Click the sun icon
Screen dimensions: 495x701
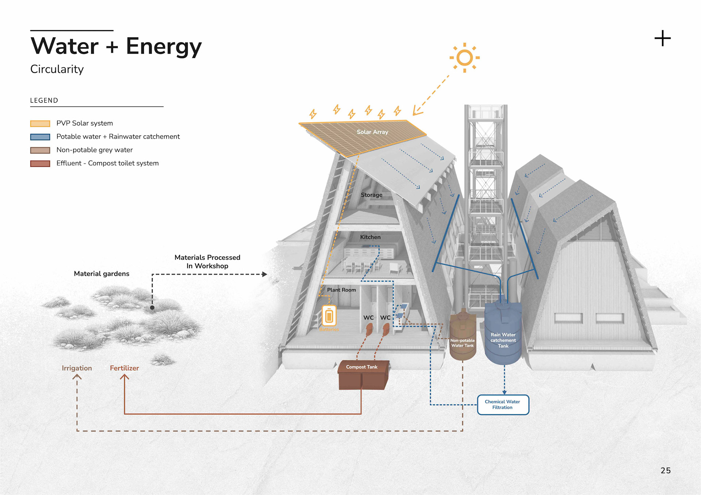click(x=464, y=58)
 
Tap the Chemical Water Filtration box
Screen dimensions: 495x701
click(x=503, y=405)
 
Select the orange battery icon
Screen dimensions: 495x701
click(x=329, y=316)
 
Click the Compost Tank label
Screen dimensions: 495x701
click(x=361, y=367)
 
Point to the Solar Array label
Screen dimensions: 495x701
click(x=372, y=132)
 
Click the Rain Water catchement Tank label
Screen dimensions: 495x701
click(x=503, y=340)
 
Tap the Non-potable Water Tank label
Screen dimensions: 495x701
click(x=462, y=343)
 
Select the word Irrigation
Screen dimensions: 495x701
click(x=77, y=368)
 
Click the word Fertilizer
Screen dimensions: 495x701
click(x=124, y=368)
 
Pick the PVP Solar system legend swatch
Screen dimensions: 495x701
click(x=40, y=124)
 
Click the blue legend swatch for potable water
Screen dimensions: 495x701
click(x=40, y=137)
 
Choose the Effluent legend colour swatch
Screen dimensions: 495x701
click(x=40, y=163)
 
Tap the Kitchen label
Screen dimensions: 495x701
click(x=370, y=237)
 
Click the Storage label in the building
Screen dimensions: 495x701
click(x=372, y=195)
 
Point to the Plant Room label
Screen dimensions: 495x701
click(x=341, y=290)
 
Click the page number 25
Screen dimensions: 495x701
click(x=666, y=471)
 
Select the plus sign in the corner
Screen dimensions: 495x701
click(x=662, y=38)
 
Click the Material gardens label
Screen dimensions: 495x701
click(x=101, y=274)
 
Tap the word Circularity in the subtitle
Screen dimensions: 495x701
click(x=57, y=69)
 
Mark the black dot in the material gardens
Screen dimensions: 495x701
click(x=152, y=308)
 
